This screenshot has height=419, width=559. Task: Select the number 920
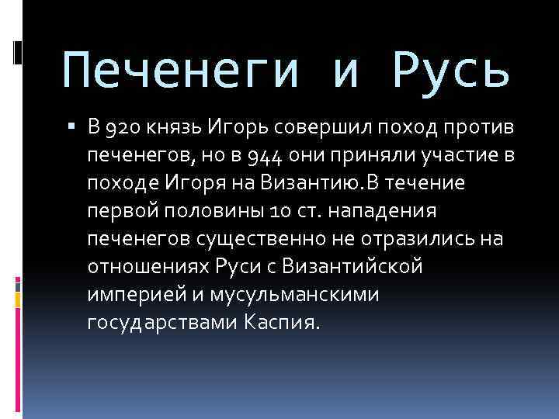click(x=123, y=129)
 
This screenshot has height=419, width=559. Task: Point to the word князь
click(x=175, y=129)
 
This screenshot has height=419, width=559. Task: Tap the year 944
click(x=268, y=157)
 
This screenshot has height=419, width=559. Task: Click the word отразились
click(x=429, y=238)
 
